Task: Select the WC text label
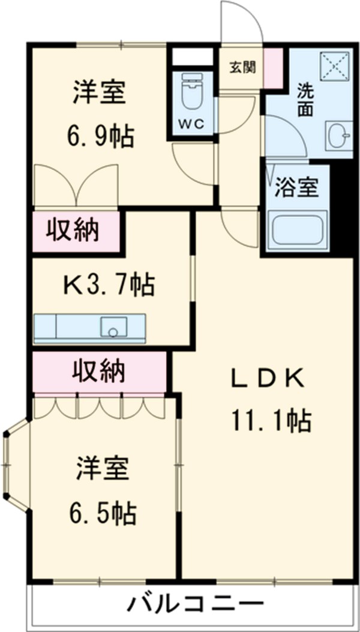[191, 124]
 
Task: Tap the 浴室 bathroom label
[296, 188]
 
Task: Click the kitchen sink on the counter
[113, 327]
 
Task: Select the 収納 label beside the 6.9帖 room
[73, 230]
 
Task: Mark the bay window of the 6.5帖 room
[13, 465]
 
